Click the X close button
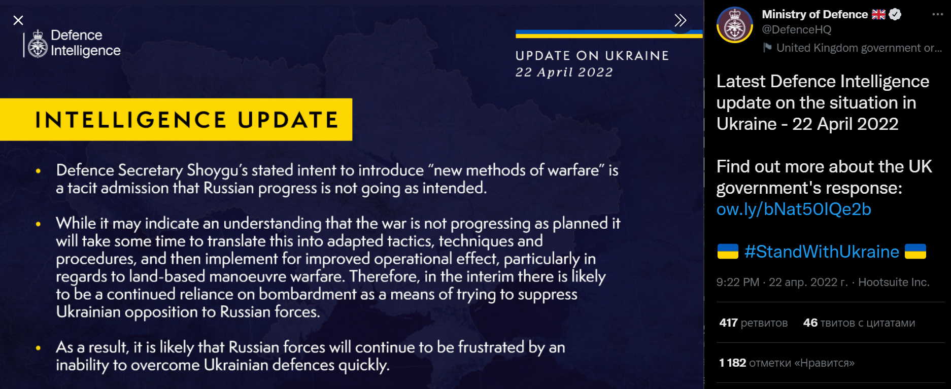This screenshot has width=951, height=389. tap(18, 20)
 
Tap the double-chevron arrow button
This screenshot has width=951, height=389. tap(680, 20)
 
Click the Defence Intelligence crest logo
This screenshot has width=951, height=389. tap(38, 44)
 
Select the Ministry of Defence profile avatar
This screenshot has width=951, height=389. tap(734, 25)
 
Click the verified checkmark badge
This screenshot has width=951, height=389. tap(895, 14)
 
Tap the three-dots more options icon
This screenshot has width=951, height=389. tap(937, 14)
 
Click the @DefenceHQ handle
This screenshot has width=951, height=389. tap(797, 29)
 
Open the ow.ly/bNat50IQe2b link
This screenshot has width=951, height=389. tap(794, 209)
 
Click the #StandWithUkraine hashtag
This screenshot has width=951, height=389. tap(822, 252)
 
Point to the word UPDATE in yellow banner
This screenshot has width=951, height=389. tap(288, 120)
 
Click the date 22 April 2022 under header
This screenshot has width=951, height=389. tap(564, 72)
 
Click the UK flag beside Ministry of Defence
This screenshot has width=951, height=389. tap(878, 14)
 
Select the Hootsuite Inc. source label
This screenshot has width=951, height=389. tap(894, 282)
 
